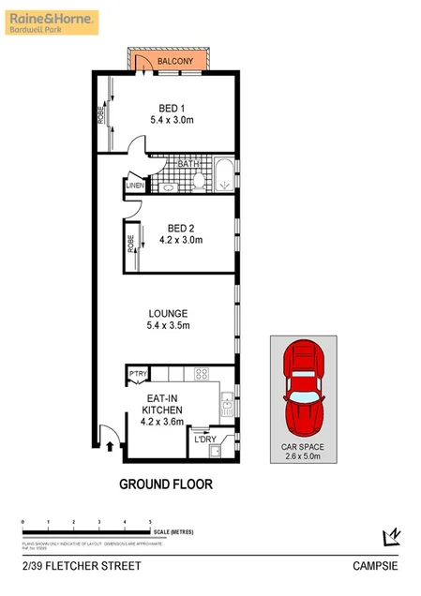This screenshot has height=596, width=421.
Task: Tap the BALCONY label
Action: click(175, 62)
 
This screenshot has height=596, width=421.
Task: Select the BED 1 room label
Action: click(171, 107)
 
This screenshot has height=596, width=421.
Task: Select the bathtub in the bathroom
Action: click(223, 176)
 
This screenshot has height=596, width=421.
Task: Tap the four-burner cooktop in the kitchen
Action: click(200, 374)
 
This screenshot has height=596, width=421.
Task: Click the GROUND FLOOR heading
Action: click(165, 484)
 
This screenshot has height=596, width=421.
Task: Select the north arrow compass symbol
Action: click(392, 536)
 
